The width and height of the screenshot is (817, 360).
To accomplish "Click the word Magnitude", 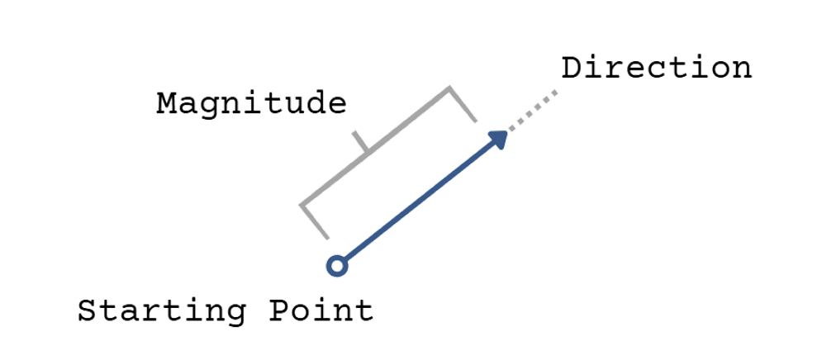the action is (x=251, y=104).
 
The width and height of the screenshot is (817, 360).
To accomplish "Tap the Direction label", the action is (x=657, y=68).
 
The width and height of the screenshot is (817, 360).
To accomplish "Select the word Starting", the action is (x=162, y=312).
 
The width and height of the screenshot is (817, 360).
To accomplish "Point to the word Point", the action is (x=322, y=312).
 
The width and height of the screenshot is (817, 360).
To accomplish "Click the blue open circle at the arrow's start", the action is (x=335, y=265).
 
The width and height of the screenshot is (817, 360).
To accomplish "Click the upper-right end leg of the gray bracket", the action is (x=463, y=104).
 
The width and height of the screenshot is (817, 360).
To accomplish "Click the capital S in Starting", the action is (x=88, y=312).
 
